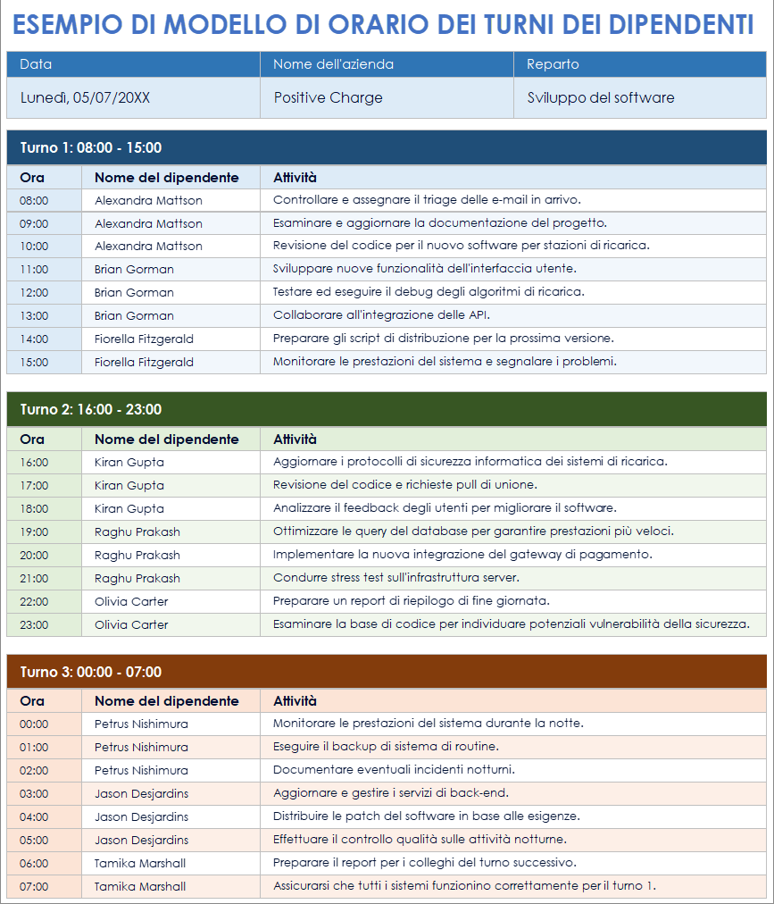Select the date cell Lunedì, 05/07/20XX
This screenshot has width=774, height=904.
click(85, 98)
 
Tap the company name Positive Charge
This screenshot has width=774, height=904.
click(328, 98)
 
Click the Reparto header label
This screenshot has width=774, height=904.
click(553, 64)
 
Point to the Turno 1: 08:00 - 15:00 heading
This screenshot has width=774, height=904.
click(91, 147)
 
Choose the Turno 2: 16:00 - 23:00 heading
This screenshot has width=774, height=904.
click(91, 409)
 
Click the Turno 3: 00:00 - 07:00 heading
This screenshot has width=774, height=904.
click(91, 672)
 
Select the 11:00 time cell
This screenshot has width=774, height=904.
click(34, 269)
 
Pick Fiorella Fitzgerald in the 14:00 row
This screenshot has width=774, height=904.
click(144, 339)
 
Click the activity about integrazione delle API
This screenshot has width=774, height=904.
click(381, 315)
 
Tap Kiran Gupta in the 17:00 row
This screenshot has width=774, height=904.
click(129, 485)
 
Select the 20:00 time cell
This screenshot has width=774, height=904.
click(34, 555)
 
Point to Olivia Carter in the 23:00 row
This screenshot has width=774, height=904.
click(131, 624)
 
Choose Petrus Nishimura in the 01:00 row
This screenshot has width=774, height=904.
click(141, 747)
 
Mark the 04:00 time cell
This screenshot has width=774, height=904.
click(34, 816)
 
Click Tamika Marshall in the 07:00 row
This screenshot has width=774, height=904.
click(140, 886)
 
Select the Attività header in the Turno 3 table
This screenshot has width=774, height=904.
click(295, 701)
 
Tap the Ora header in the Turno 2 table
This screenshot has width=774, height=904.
click(32, 439)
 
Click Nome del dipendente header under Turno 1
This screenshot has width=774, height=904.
click(167, 178)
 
